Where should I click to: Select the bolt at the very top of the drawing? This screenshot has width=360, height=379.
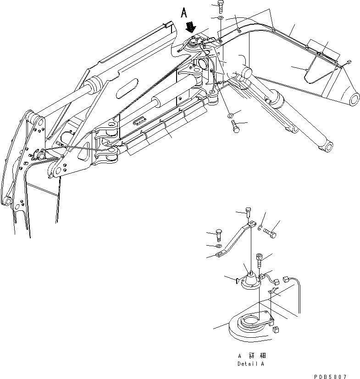[x=221, y=6]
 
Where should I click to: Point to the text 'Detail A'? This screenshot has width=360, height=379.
[x=250, y=364]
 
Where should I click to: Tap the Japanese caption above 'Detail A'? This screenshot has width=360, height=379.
[x=251, y=356]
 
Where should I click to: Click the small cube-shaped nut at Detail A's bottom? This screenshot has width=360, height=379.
[x=276, y=330]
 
